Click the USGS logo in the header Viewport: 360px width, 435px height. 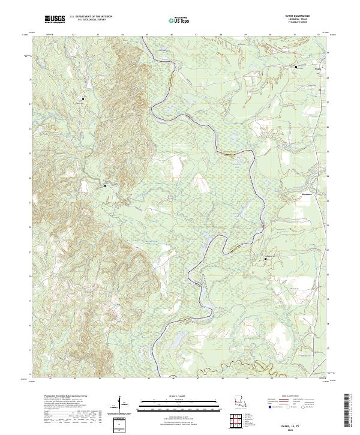[55, 20]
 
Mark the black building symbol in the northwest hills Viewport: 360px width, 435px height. [83, 98]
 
